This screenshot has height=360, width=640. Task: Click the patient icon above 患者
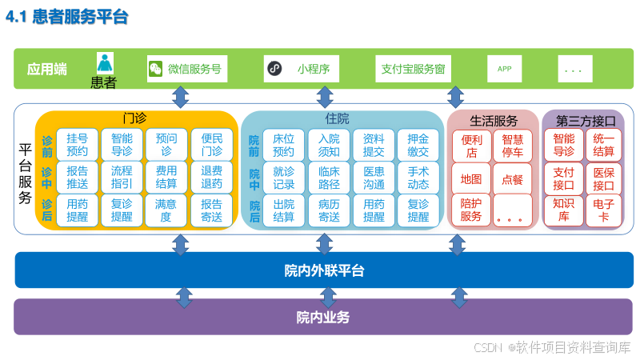(106, 63)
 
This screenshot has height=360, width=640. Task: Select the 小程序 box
(307, 69)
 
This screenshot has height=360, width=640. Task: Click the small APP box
(505, 69)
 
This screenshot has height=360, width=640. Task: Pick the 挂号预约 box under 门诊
(78, 144)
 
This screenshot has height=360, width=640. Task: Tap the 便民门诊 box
(212, 144)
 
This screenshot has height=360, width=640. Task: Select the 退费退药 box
(212, 177)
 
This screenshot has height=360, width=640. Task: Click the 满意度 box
(166, 210)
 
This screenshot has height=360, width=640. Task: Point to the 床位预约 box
(284, 144)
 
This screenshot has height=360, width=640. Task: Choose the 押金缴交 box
(418, 144)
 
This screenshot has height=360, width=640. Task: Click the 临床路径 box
(329, 177)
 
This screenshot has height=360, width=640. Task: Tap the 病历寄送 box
(329, 210)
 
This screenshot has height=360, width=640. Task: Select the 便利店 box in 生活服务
(471, 146)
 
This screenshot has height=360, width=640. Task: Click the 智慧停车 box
(512, 146)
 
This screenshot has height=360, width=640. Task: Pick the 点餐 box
(512, 178)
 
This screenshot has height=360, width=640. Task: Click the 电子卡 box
(605, 210)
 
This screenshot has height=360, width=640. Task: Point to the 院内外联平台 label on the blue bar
(324, 270)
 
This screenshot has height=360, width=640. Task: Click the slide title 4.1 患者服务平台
(67, 17)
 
